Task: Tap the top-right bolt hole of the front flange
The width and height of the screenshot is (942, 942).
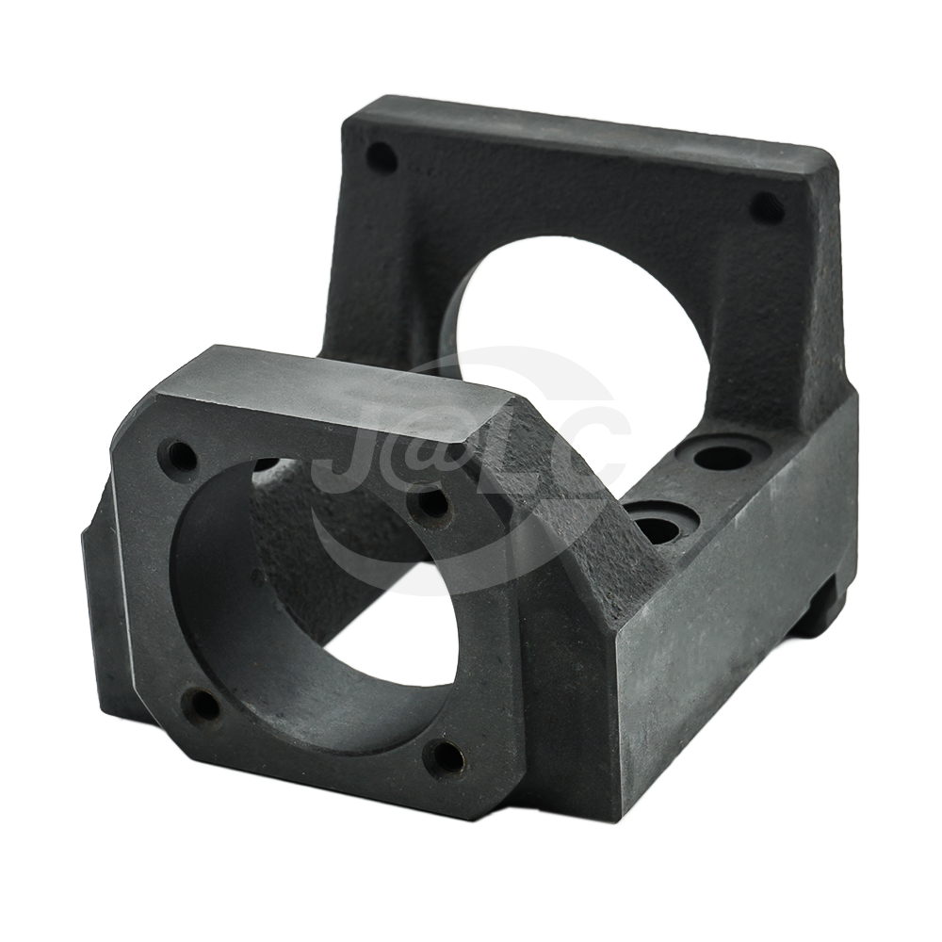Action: point(432,500)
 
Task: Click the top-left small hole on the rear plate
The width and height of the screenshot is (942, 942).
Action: point(381,156)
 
